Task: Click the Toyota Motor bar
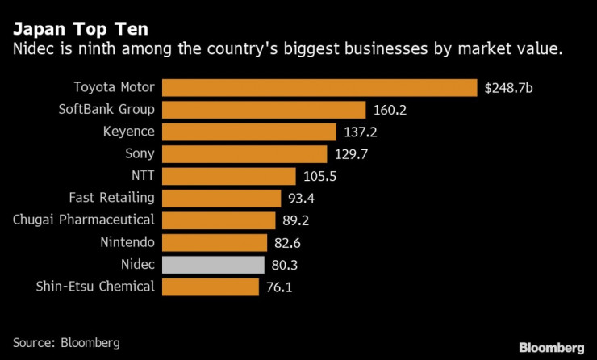(x=319, y=88)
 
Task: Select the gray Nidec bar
(x=214, y=265)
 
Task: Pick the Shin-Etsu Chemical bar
(x=211, y=287)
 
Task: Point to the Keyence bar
(x=249, y=132)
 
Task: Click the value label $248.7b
(x=508, y=88)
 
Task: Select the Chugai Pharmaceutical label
(x=85, y=220)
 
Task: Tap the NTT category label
(x=141, y=176)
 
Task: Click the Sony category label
(x=139, y=154)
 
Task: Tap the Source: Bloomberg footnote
(x=66, y=342)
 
